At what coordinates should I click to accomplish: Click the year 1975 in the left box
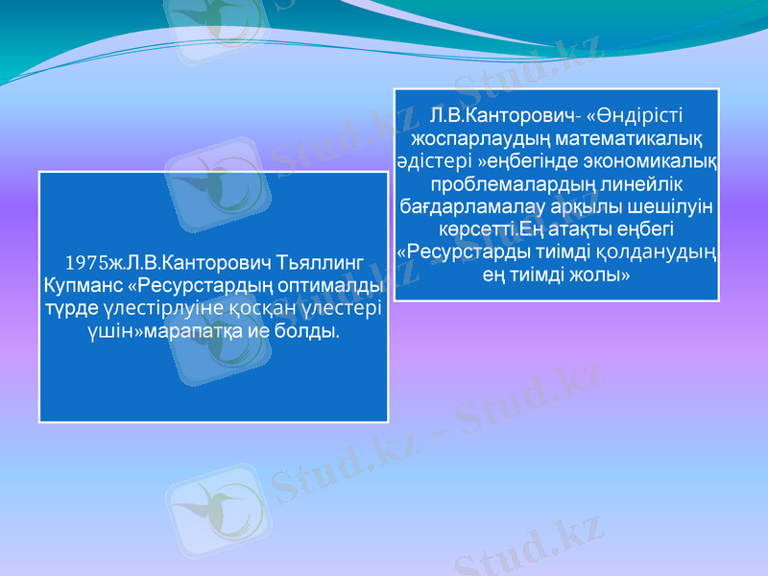point(84,261)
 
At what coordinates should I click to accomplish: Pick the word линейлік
point(637,183)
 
